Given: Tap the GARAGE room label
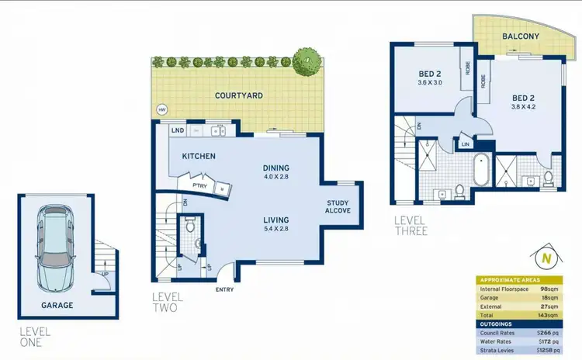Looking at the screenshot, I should tap(57, 305).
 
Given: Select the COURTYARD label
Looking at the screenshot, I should tap(238, 95).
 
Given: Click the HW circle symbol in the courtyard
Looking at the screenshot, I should tap(162, 110).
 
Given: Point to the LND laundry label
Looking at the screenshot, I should tap(177, 130).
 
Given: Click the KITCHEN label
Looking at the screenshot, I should tap(199, 156).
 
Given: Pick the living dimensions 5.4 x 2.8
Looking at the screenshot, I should tap(275, 230).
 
